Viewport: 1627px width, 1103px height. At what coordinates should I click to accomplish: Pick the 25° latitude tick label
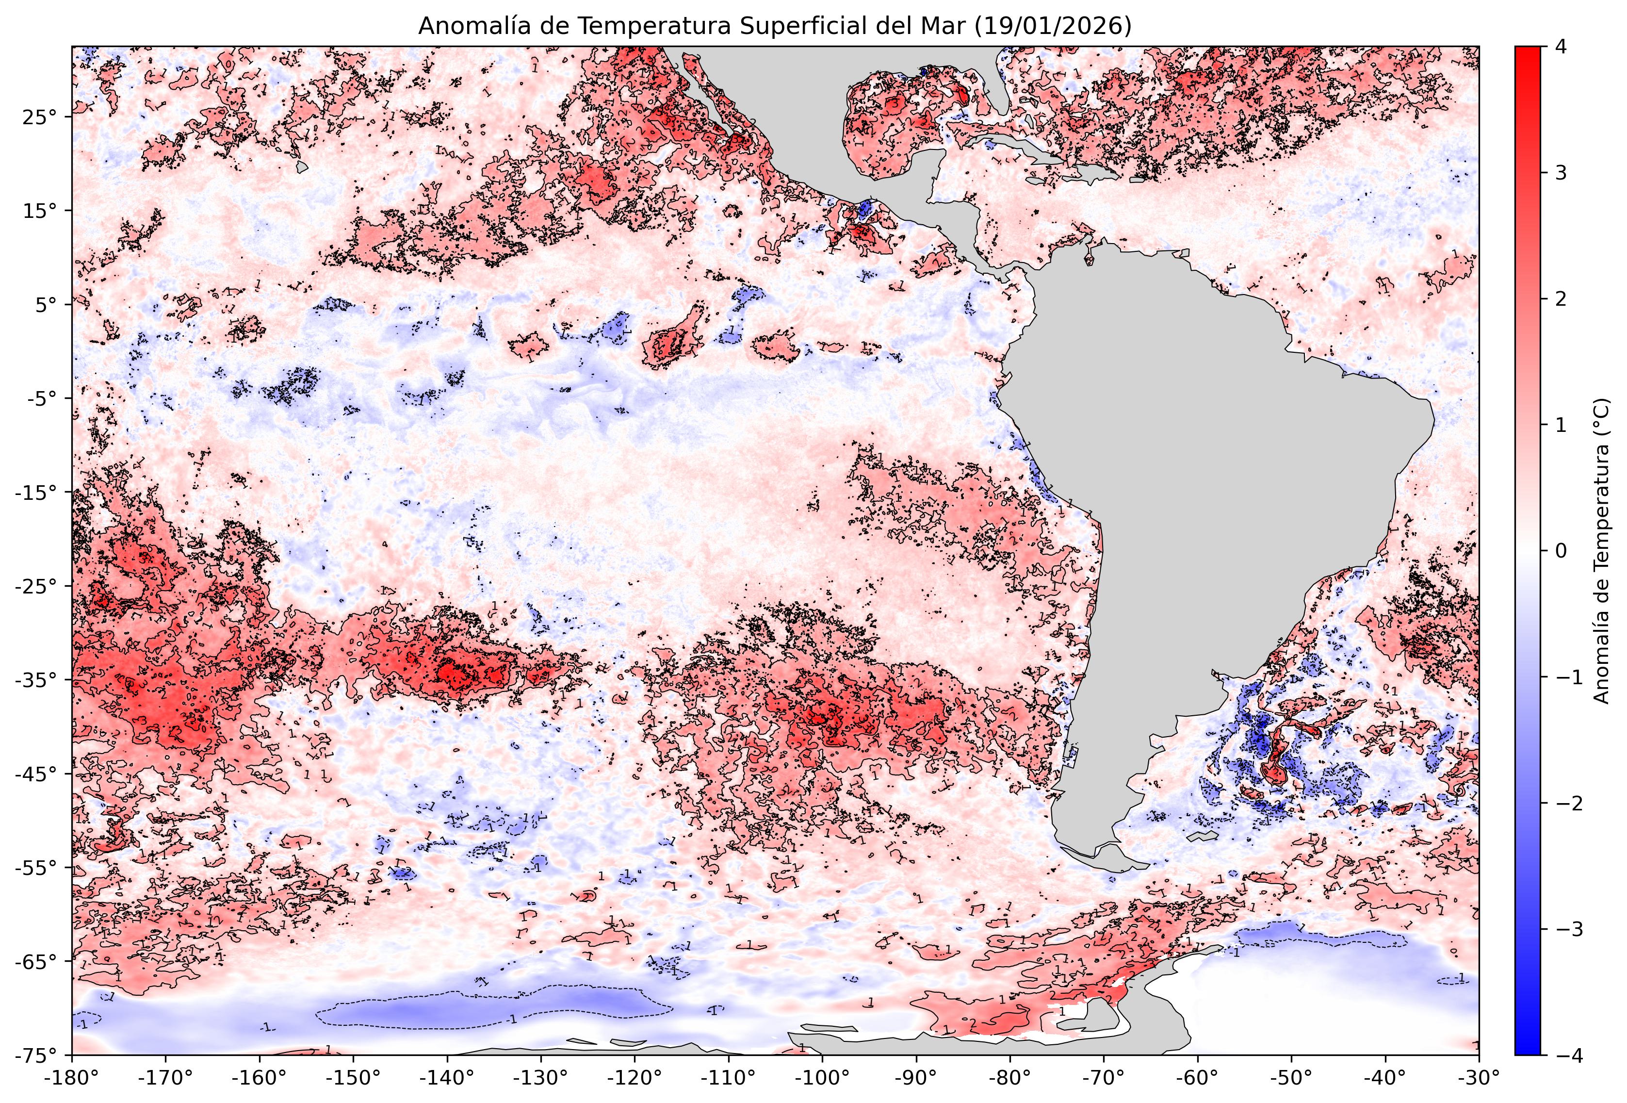40,117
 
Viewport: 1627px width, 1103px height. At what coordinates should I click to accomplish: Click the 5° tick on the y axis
44,305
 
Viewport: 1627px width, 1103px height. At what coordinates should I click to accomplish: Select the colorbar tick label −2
1567,803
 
